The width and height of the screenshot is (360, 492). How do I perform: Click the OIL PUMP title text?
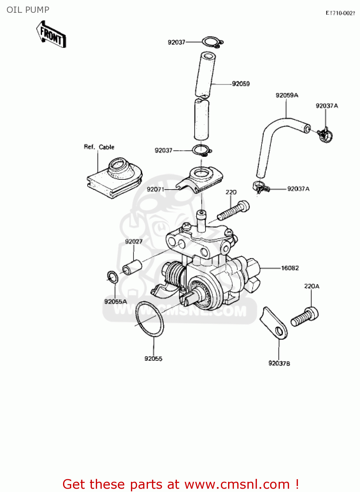(28, 10)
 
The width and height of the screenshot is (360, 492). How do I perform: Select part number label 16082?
(290, 268)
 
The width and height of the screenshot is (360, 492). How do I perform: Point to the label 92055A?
(115, 301)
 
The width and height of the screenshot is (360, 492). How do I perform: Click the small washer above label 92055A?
(113, 277)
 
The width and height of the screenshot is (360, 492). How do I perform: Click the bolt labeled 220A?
(305, 316)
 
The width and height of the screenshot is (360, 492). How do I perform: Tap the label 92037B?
(279, 363)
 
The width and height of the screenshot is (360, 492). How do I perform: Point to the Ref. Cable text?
(99, 147)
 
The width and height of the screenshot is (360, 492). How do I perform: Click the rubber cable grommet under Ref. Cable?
(115, 177)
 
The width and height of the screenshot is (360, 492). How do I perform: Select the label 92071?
(155, 189)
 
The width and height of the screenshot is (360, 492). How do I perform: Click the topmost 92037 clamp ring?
(212, 42)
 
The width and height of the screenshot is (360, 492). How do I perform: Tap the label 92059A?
(287, 95)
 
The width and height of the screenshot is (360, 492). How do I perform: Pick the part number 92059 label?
(241, 84)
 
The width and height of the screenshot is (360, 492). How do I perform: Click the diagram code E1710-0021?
(340, 13)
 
